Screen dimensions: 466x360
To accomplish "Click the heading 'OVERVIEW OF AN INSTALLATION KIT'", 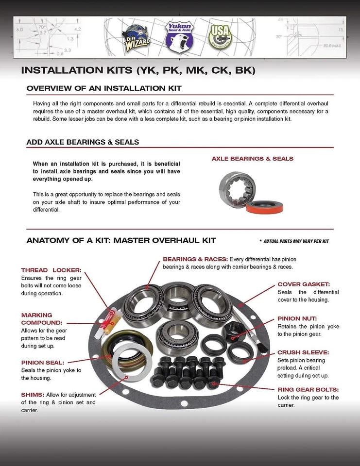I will (x=104, y=88).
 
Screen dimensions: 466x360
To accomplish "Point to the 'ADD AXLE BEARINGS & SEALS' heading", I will (x=83, y=142).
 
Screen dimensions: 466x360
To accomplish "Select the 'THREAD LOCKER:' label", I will (x=51, y=269).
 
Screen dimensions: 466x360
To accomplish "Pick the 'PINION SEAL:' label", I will (x=43, y=362).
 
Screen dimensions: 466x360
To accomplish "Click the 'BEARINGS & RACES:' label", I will (x=195, y=259).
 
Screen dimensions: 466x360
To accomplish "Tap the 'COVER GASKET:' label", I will (x=304, y=284).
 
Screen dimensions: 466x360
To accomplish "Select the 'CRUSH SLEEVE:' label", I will (x=303, y=352).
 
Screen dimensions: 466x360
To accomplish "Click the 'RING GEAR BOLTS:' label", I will (x=308, y=389).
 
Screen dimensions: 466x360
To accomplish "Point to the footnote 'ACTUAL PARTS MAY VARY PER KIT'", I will (x=294, y=241).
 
